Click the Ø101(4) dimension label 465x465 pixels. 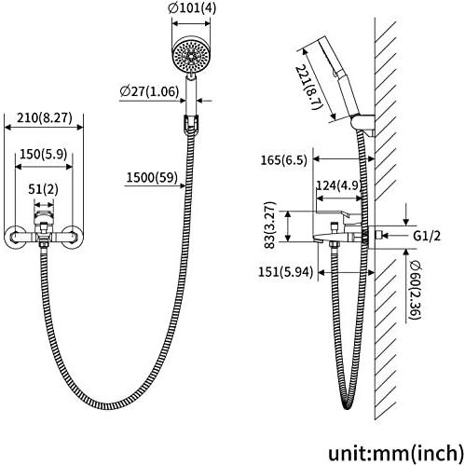point(192,8)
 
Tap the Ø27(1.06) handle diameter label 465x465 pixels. point(149,91)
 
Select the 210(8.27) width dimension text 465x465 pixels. point(45,117)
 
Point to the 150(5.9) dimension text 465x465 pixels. point(44,154)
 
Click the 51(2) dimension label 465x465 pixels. point(43,189)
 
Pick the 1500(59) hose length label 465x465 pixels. point(152,177)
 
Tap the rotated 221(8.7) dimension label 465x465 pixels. point(308,87)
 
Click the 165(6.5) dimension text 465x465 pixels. point(283,160)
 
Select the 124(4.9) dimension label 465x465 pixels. point(337,185)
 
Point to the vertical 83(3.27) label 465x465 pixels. point(270,225)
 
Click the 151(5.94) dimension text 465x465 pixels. point(285,272)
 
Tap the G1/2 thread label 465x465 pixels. point(427,236)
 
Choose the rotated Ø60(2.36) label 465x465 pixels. point(415,290)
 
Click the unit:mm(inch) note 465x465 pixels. point(396,453)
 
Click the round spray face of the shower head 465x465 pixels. point(191,56)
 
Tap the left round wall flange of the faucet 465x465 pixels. point(14,237)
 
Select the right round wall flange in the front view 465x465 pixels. point(73,237)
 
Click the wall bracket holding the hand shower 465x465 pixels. point(363,124)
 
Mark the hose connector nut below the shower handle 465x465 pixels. point(191,124)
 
